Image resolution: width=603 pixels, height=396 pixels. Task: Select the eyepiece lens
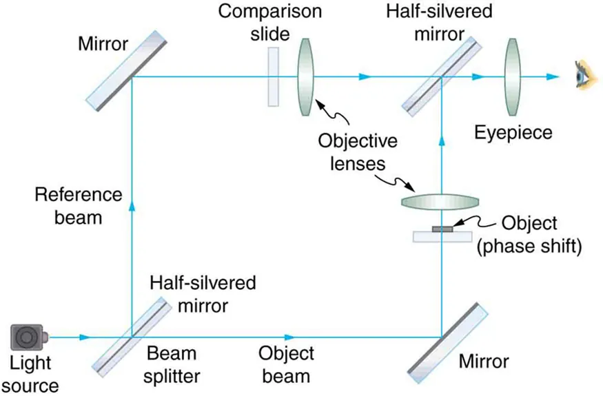coord(511,76)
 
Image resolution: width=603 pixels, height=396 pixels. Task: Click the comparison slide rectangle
coord(274,76)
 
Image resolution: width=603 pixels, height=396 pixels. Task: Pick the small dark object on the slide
coord(441,229)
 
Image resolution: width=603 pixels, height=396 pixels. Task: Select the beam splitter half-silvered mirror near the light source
coord(131,336)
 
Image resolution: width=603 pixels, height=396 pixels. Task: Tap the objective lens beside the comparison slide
coord(306,76)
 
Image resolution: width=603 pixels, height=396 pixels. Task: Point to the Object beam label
coord(286,364)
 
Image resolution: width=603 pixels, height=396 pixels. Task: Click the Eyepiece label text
coord(513,132)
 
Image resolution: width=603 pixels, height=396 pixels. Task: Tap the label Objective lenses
coord(357,153)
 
